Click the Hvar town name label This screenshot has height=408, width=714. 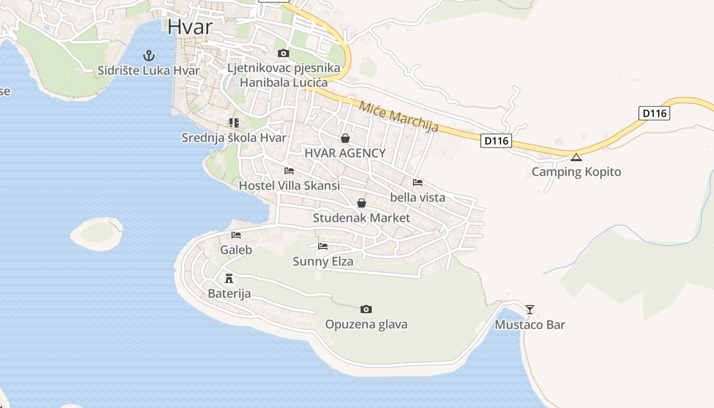[x=190, y=27]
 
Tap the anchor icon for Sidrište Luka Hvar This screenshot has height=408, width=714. [x=149, y=55]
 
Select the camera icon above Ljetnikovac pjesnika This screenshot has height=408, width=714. [x=284, y=54]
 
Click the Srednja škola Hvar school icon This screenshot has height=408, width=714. [x=234, y=122]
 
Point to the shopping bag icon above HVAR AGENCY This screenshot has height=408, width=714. [x=345, y=138]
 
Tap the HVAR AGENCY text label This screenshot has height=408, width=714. [x=345, y=153]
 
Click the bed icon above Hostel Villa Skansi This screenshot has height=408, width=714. [x=289, y=171]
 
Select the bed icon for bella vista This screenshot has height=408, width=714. [x=418, y=182]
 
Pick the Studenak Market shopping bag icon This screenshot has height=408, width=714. [x=362, y=203]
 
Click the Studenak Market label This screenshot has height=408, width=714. [x=361, y=218]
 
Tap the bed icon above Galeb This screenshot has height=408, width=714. [x=236, y=235]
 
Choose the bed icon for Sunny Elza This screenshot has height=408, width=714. [x=323, y=246]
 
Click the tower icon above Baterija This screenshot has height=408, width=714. [x=229, y=278]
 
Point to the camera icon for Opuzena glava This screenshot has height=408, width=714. [x=366, y=309]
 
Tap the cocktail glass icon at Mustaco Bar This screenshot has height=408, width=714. [x=530, y=309]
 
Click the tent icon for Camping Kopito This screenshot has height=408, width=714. [x=576, y=157]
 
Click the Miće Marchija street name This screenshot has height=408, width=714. [x=398, y=117]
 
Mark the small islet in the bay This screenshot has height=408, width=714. [x=97, y=233]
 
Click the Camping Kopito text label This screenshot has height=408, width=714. [x=576, y=172]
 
